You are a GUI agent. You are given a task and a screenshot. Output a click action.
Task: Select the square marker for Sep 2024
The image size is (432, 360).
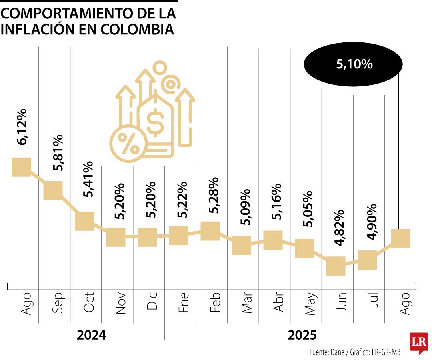(x=53, y=190)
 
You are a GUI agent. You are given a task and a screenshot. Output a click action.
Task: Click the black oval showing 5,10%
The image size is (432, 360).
(x=354, y=64)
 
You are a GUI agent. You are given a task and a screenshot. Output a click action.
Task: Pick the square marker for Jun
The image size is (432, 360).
(x=336, y=266)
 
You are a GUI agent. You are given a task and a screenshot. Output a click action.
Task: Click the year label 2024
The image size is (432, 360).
(x=92, y=335)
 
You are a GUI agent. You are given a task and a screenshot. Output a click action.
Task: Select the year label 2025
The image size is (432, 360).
(x=302, y=335)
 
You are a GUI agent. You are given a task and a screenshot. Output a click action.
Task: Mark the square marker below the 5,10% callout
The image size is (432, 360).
(x=400, y=238)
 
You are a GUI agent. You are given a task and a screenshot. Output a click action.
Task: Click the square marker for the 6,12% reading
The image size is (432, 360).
(x=22, y=166)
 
